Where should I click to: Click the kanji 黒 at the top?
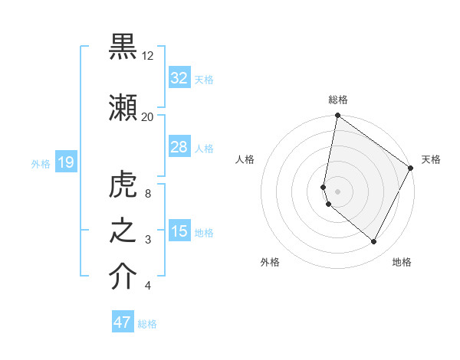point(123,47)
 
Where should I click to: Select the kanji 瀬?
point(123,107)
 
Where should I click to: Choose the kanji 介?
point(123,277)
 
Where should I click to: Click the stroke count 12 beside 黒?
point(148,56)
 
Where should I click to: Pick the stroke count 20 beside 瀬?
point(148,117)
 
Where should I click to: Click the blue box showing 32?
point(179,78)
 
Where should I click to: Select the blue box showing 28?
point(179,147)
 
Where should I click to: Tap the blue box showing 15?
point(179,232)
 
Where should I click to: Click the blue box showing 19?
point(65,162)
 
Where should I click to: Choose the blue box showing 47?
point(123,322)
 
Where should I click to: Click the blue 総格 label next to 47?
point(147,324)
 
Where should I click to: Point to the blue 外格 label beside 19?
point(41,163)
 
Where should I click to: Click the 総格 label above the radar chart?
point(338,100)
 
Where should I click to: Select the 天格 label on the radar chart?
point(431,159)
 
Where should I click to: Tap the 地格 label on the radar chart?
point(402,262)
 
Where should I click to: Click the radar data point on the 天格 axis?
point(411,169)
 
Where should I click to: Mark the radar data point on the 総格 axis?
point(337,116)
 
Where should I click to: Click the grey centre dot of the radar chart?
point(337,191)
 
